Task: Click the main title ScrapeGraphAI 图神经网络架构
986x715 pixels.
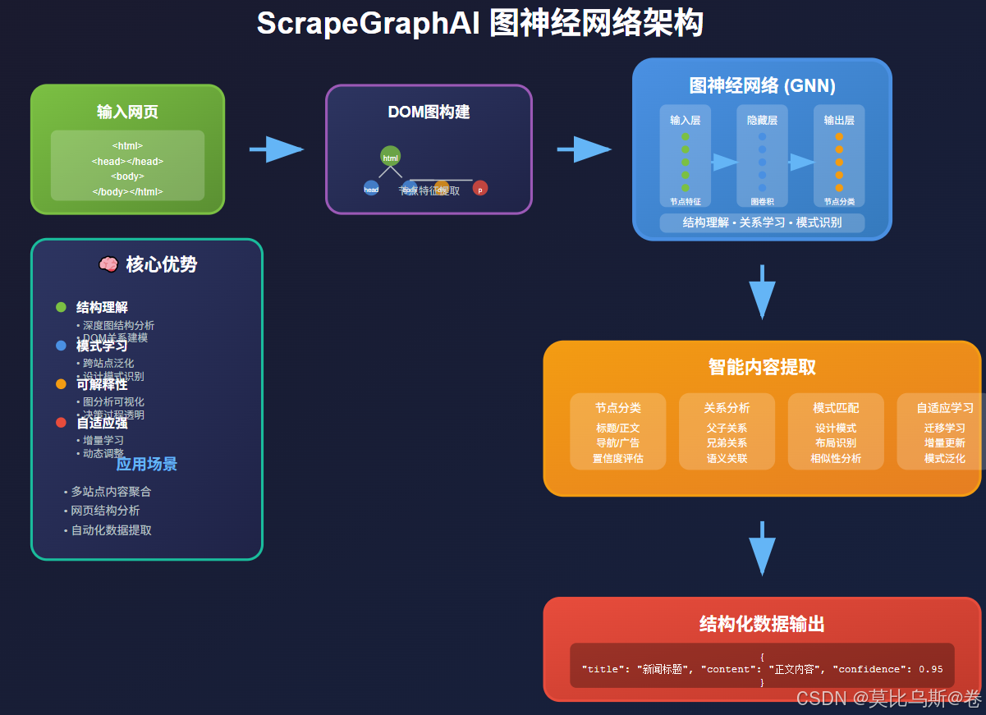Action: pos(479,23)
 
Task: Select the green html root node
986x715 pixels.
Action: pos(391,157)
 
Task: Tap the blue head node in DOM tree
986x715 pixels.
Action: pos(371,188)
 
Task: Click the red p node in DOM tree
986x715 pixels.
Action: pos(480,188)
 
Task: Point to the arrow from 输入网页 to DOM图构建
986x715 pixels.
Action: pos(277,149)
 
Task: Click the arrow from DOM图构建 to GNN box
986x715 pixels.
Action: pos(584,149)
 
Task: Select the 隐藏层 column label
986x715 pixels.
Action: pos(762,120)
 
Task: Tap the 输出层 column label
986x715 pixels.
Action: pos(839,120)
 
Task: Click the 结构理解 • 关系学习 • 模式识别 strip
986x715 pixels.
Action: pos(762,222)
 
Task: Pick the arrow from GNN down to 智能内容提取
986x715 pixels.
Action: pos(762,292)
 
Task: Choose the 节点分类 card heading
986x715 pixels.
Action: pos(618,407)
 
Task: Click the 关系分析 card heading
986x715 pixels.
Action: pos(727,407)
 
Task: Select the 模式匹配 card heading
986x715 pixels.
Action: pos(836,407)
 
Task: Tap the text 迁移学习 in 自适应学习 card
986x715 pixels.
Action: pos(944,428)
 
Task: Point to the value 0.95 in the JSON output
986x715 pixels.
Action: pos(930,669)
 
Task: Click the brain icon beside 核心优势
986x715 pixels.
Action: pos(108,264)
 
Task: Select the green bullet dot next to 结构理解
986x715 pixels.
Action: pos(61,307)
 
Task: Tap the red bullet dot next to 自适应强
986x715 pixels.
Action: pos(61,422)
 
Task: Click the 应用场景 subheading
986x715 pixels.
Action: pos(146,464)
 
